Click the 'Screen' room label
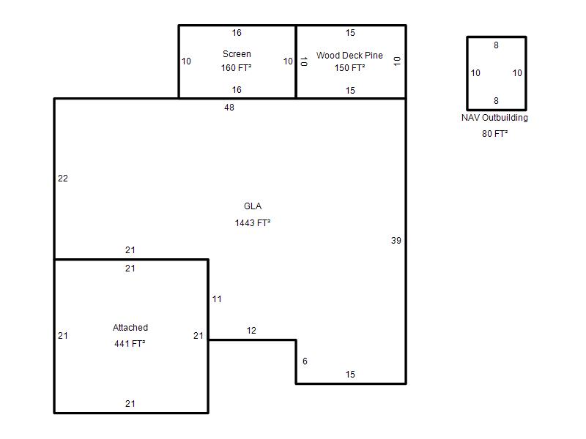pyautogui.click(x=237, y=54)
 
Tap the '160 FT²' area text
pyautogui.click(x=236, y=68)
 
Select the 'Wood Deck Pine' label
pyautogui.click(x=349, y=56)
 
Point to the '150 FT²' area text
pyautogui.click(x=350, y=68)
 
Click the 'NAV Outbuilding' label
pyautogui.click(x=494, y=118)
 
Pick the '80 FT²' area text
pyautogui.click(x=495, y=134)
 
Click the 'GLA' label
pyautogui.click(x=253, y=206)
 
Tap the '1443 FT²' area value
pyautogui.click(x=253, y=223)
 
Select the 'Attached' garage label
pyautogui.click(x=130, y=328)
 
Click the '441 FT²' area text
pyautogui.click(x=130, y=343)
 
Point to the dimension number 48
pyautogui.click(x=229, y=108)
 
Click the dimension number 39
pyautogui.click(x=396, y=241)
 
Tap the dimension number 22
pyautogui.click(x=63, y=179)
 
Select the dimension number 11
pyautogui.click(x=217, y=299)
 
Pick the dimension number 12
pyautogui.click(x=251, y=331)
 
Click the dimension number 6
pyautogui.click(x=305, y=361)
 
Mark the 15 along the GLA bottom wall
pyautogui.click(x=350, y=375)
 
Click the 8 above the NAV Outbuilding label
pyautogui.click(x=496, y=101)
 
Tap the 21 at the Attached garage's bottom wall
pyautogui.click(x=130, y=404)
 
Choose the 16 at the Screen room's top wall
pyautogui.click(x=237, y=33)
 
